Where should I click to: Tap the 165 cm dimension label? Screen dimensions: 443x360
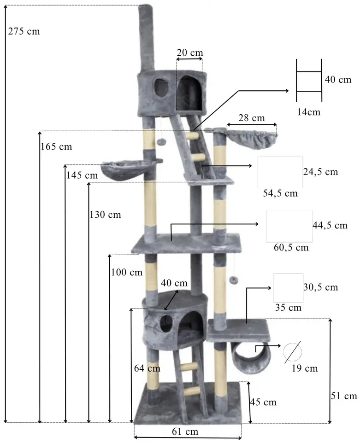(56, 147)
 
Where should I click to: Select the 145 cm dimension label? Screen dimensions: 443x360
(82, 175)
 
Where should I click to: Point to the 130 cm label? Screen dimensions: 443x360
(105, 215)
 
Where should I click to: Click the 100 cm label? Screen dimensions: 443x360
(127, 272)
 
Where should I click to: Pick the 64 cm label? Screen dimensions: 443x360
(147, 368)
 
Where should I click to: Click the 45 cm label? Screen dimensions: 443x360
(263, 402)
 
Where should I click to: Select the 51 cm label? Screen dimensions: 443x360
(344, 396)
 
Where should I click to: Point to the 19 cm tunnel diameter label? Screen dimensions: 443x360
(305, 368)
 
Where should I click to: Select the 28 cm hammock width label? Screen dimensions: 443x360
(252, 118)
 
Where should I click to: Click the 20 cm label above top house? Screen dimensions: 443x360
(189, 52)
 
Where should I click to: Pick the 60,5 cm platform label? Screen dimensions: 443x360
(291, 247)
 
